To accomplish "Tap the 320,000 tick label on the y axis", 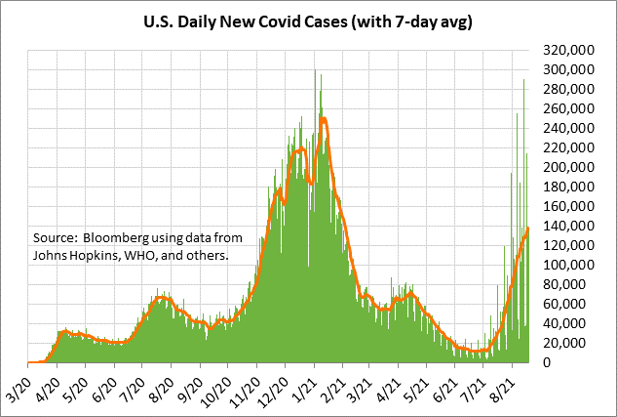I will (x=570, y=50).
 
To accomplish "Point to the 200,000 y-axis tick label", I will (x=570, y=167).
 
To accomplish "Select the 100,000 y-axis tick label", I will (x=570, y=265).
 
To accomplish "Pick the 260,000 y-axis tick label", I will (x=570, y=108).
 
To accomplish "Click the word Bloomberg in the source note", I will (x=117, y=237).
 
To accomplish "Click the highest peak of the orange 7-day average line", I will (x=322, y=119).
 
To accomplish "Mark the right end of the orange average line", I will (x=527, y=229).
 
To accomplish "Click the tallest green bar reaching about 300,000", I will (x=315, y=70).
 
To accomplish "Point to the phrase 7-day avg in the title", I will (x=435, y=20).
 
